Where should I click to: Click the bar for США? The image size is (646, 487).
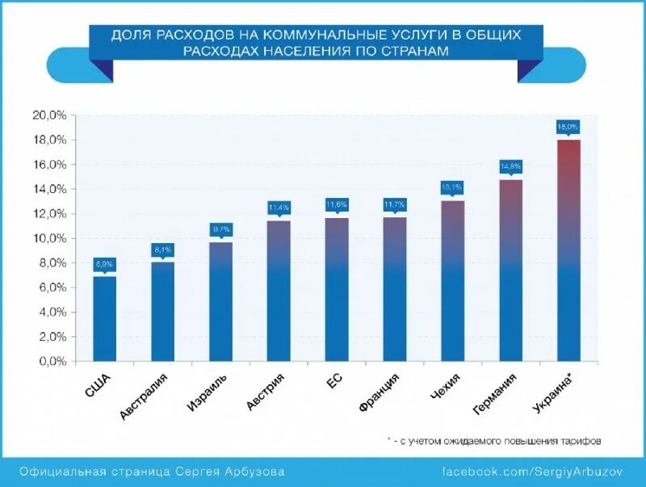click(105, 319)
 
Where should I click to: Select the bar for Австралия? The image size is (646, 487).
click(162, 311)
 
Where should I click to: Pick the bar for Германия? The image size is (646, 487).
click(511, 271)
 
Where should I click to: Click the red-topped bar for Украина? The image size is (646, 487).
click(568, 250)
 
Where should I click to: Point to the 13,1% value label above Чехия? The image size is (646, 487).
click(453, 187)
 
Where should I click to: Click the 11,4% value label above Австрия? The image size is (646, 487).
click(279, 208)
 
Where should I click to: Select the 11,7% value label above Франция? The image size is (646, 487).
click(395, 205)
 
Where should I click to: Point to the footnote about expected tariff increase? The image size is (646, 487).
click(493, 441)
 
